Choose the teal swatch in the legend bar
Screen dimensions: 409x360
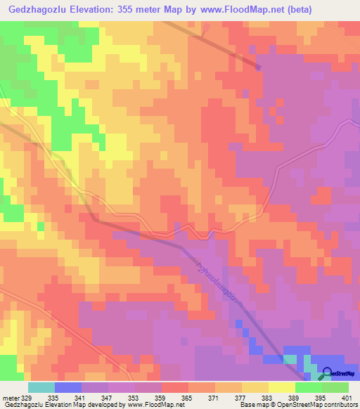point(41,387)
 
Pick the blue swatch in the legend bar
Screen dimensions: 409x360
point(68,387)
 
